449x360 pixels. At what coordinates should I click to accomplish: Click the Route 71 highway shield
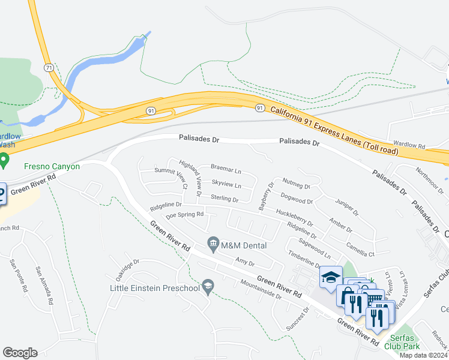47,67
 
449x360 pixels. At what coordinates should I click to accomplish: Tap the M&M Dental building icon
212,244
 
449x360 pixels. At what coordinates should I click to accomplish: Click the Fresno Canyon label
52,166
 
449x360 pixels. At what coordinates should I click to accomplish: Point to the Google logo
20,353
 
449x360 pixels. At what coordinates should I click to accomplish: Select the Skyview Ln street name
226,184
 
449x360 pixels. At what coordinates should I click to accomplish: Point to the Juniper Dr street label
346,208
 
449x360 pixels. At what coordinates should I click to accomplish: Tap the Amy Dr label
245,262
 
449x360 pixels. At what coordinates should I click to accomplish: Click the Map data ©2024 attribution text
423,355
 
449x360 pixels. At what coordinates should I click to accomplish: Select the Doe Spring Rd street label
184,214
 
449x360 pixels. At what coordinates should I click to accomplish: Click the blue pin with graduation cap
330,277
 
